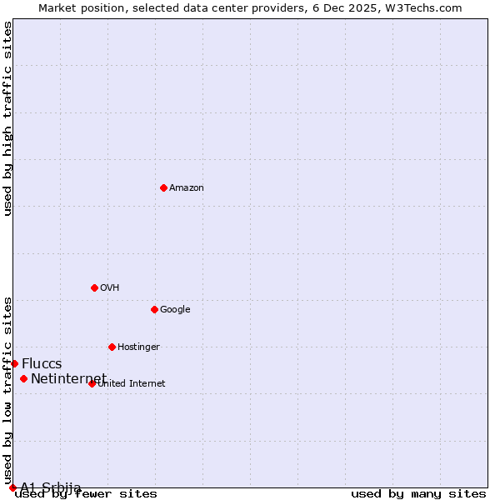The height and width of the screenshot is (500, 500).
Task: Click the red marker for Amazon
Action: click(x=163, y=187)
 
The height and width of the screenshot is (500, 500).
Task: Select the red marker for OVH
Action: click(x=94, y=287)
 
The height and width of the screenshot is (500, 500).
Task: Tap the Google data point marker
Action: click(x=154, y=309)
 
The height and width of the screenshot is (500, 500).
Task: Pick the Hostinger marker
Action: click(x=112, y=347)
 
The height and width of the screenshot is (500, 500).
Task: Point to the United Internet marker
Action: click(x=92, y=383)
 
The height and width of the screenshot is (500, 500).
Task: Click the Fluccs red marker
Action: click(x=14, y=363)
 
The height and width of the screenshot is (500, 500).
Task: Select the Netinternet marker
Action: click(x=23, y=378)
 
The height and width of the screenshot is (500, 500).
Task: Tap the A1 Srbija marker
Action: click(x=12, y=487)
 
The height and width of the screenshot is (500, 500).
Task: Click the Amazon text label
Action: click(x=187, y=188)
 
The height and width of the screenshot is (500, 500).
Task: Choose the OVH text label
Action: click(x=110, y=288)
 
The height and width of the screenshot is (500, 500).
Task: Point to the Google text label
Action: click(x=175, y=310)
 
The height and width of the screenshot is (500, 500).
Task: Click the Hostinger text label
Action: click(x=138, y=347)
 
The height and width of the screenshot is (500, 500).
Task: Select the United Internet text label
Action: click(x=132, y=384)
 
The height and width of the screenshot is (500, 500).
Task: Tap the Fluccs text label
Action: click(x=42, y=364)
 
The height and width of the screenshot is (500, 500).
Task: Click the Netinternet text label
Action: click(x=68, y=379)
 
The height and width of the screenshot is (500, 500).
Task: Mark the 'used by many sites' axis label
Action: click(x=418, y=494)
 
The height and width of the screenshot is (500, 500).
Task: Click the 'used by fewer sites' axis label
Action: click(x=86, y=494)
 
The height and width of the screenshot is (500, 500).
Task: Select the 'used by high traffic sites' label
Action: click(x=7, y=119)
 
